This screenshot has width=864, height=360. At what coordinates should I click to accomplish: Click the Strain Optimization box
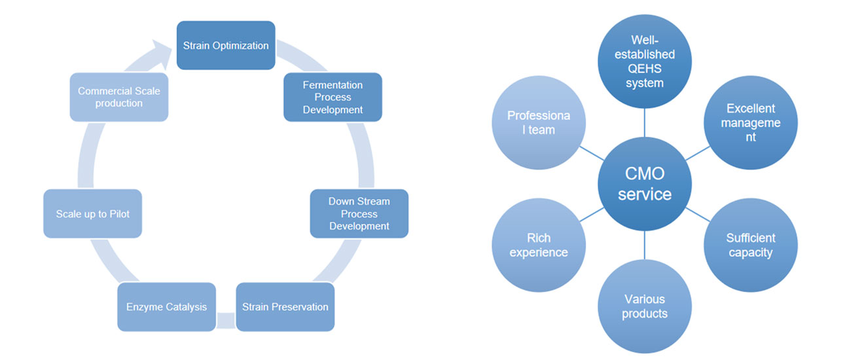click(x=226, y=46)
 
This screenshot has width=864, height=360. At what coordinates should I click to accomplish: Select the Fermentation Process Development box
click(x=333, y=97)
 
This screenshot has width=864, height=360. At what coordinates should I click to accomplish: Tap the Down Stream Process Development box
click(x=359, y=213)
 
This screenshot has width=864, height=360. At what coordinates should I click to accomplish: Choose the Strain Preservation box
click(x=285, y=306)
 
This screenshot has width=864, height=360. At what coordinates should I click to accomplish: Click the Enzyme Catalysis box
click(x=166, y=306)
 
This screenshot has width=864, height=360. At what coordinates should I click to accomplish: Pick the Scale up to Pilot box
click(x=92, y=213)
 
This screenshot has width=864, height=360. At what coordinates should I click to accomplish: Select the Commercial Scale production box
click(x=118, y=97)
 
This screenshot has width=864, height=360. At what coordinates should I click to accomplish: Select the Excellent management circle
click(x=751, y=123)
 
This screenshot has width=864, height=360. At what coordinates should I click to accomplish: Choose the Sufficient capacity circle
click(x=751, y=245)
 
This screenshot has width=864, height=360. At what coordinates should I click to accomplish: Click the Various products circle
click(x=645, y=306)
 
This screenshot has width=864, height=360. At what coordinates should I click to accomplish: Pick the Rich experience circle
click(x=539, y=245)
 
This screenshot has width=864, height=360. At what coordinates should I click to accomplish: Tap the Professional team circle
click(x=539, y=123)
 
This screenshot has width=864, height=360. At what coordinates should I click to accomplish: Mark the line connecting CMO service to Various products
click(x=645, y=246)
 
